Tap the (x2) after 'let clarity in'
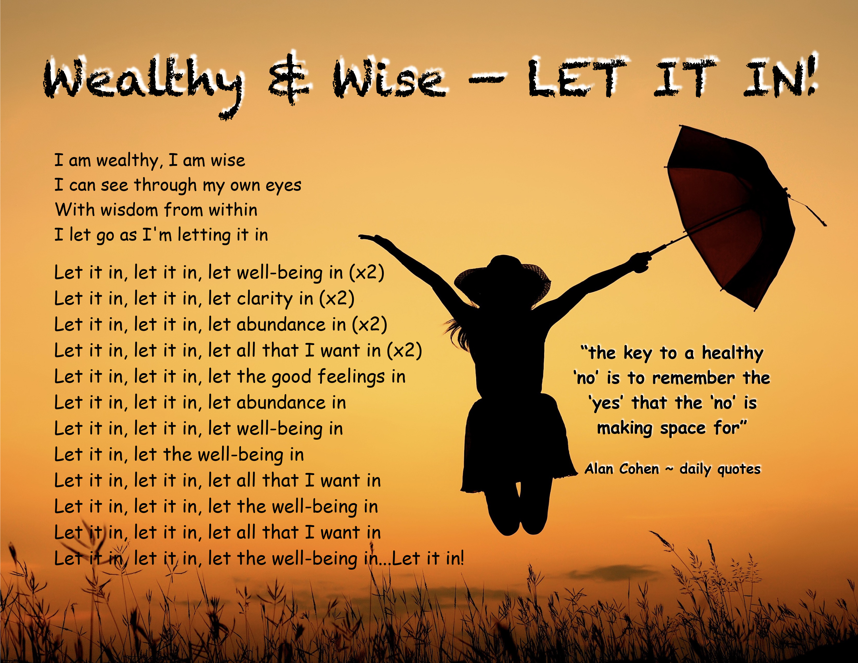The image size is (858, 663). (337, 298)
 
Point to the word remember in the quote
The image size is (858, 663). (693, 378)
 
